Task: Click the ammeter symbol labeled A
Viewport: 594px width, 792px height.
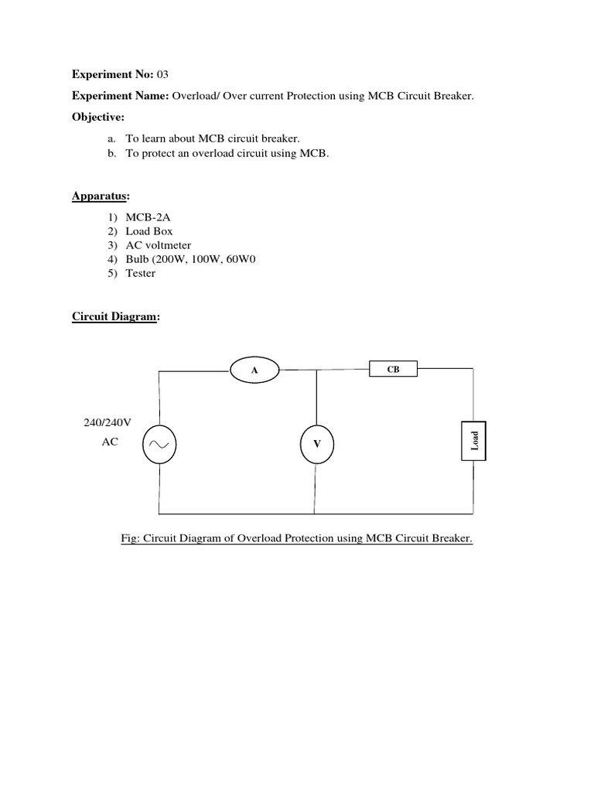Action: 254,370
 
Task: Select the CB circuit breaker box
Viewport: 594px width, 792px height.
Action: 394,370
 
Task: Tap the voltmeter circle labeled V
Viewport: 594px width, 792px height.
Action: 316,444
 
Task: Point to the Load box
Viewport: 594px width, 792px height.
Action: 474,440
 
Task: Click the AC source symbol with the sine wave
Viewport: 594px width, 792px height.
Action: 160,444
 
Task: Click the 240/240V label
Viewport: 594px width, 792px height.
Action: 108,423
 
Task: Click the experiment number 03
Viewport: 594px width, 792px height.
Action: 162,75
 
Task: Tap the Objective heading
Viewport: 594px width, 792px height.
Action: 97,117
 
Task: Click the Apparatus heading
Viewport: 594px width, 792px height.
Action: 101,196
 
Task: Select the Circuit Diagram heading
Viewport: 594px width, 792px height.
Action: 115,316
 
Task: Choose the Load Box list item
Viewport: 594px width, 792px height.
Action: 149,231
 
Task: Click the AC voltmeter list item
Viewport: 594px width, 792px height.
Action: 159,245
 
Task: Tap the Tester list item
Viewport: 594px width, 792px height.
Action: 141,273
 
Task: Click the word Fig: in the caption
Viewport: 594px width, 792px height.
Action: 131,538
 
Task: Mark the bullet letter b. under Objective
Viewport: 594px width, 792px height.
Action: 112,153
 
